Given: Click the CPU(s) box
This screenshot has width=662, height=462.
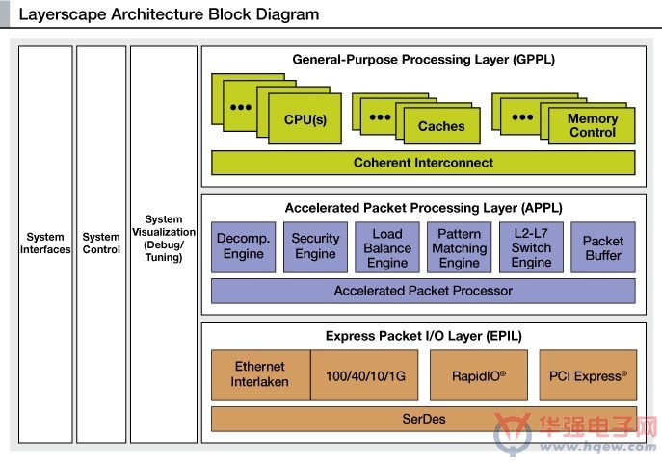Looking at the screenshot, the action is [305, 119].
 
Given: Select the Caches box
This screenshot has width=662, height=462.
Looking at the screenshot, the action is [441, 126].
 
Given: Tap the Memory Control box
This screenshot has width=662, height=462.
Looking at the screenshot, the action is [592, 126].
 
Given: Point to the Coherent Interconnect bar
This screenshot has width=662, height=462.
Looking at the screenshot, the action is [423, 163].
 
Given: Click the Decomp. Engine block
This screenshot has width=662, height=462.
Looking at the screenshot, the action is [243, 247].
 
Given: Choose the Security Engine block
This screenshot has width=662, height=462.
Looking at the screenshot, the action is [315, 247].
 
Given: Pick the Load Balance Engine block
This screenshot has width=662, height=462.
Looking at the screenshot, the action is [387, 247].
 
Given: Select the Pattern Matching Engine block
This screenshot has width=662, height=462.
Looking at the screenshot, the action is [460, 247].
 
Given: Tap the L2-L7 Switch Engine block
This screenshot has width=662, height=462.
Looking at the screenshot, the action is [531, 247].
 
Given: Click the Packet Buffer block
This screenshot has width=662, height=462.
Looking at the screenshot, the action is [603, 247].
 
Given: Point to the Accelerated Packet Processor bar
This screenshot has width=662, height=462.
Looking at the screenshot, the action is [423, 291].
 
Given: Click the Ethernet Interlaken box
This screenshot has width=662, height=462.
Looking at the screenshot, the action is [260, 374].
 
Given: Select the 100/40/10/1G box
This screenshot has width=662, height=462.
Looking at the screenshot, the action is [365, 374].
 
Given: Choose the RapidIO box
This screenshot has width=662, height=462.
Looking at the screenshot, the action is [479, 374].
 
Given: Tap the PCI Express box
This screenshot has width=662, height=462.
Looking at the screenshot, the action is [588, 374].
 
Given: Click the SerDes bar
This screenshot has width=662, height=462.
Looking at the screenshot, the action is [424, 419].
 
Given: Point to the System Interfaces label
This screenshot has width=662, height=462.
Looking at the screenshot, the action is [45, 244].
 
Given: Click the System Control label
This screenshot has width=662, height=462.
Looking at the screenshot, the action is [101, 244].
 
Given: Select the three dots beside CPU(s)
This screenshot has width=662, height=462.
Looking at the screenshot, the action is [241, 107].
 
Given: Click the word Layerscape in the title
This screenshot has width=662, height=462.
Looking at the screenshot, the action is [63, 14].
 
